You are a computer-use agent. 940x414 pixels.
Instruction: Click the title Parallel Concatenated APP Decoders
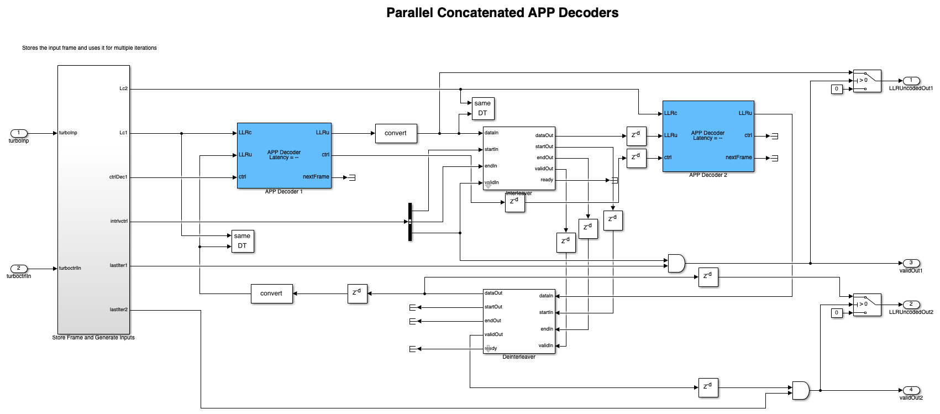click(x=502, y=13)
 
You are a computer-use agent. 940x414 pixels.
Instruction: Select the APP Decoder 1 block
click(x=284, y=155)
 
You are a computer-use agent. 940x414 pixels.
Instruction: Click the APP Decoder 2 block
click(x=708, y=136)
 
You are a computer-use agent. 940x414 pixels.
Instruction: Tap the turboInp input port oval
click(x=19, y=133)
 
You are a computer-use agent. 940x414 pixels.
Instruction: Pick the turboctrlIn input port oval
click(x=19, y=269)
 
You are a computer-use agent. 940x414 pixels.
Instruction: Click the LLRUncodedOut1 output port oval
click(x=911, y=81)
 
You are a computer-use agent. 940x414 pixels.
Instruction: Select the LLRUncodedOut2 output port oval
click(x=911, y=305)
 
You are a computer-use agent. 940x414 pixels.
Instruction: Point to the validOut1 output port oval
click(x=911, y=263)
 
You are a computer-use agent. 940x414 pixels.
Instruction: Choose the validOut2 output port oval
click(x=911, y=390)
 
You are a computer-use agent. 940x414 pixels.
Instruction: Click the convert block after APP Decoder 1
click(x=396, y=133)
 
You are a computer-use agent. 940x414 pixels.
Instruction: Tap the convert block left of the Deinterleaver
click(x=271, y=294)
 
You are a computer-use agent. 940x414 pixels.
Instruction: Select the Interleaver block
click(x=519, y=158)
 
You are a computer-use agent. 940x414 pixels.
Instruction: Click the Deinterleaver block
click(x=519, y=321)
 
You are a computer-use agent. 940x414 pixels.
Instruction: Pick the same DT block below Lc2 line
click(x=482, y=108)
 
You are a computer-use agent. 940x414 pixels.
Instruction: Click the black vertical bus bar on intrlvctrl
click(x=410, y=222)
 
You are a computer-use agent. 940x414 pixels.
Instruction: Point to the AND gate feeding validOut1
click(x=676, y=263)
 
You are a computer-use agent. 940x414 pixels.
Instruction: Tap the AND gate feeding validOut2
click(x=800, y=390)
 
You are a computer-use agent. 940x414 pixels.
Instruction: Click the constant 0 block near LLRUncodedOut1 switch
click(x=837, y=89)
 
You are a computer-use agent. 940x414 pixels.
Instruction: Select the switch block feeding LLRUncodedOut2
click(x=867, y=305)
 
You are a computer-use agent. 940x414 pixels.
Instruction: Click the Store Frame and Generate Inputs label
click(x=93, y=338)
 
